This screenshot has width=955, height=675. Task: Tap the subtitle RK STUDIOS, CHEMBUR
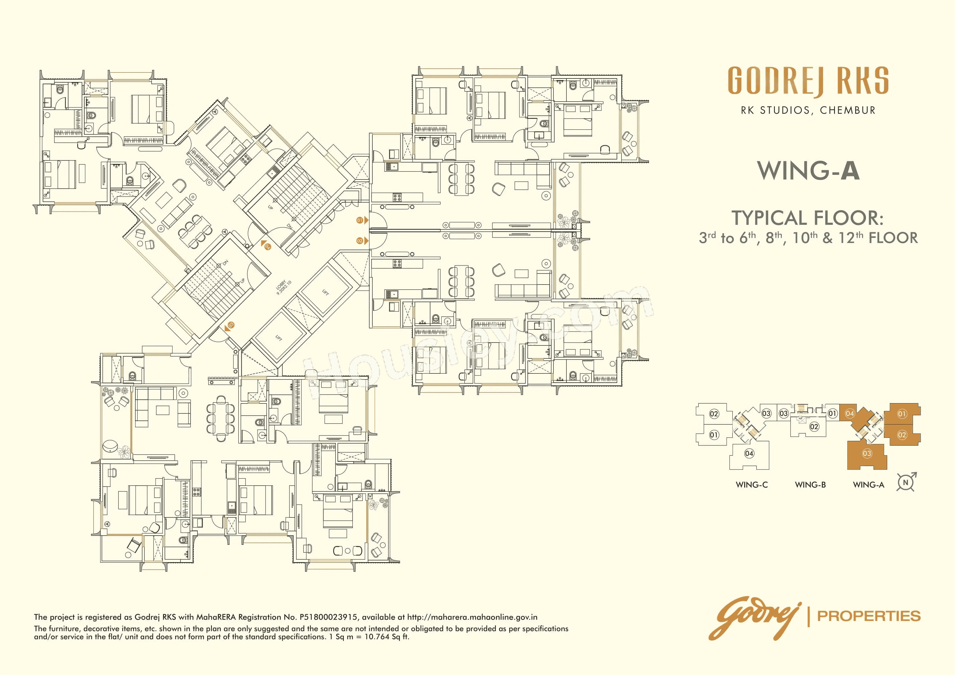point(808,110)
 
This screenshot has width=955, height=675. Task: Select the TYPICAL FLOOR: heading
point(808,218)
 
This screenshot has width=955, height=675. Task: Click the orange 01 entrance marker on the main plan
point(360,220)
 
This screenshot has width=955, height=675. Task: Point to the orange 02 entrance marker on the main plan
point(360,241)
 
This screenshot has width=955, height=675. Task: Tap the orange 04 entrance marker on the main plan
point(267,246)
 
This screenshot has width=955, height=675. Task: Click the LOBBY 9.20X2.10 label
point(284,287)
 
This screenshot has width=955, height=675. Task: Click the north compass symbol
point(906,483)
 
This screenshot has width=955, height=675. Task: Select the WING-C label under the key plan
point(751,485)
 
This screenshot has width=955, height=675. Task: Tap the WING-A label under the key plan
point(868,485)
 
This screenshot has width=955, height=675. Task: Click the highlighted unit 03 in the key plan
point(867,453)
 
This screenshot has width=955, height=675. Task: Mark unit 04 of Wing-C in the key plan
point(749,453)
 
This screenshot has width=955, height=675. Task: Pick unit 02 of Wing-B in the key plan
point(814,427)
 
